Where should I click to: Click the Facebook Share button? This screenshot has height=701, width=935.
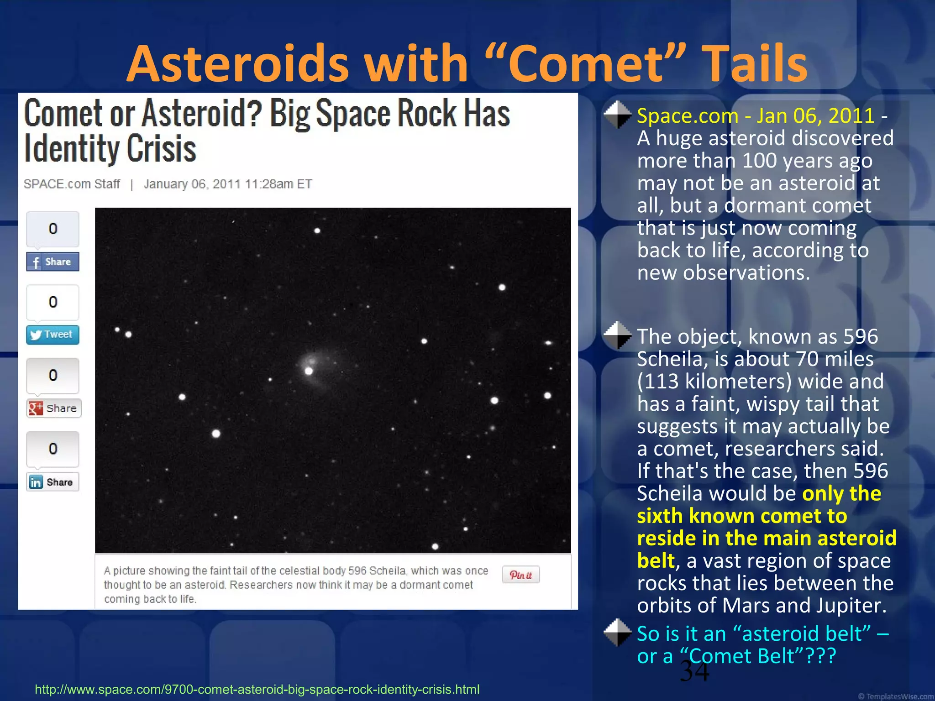(x=53, y=262)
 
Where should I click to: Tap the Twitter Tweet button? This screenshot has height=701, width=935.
(x=53, y=335)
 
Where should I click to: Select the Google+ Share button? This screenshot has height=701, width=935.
(x=53, y=408)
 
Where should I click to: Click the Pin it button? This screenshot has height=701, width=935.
(x=520, y=575)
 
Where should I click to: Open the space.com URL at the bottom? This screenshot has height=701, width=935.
(x=257, y=689)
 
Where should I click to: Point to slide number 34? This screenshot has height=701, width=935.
(x=694, y=672)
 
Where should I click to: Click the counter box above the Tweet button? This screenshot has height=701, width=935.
(x=53, y=302)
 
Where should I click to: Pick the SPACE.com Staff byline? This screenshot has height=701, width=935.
(x=72, y=184)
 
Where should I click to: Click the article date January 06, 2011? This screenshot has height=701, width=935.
(x=192, y=184)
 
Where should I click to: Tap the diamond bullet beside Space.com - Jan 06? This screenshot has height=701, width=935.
(x=617, y=115)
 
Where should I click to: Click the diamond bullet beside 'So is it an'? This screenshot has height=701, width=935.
(x=617, y=633)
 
